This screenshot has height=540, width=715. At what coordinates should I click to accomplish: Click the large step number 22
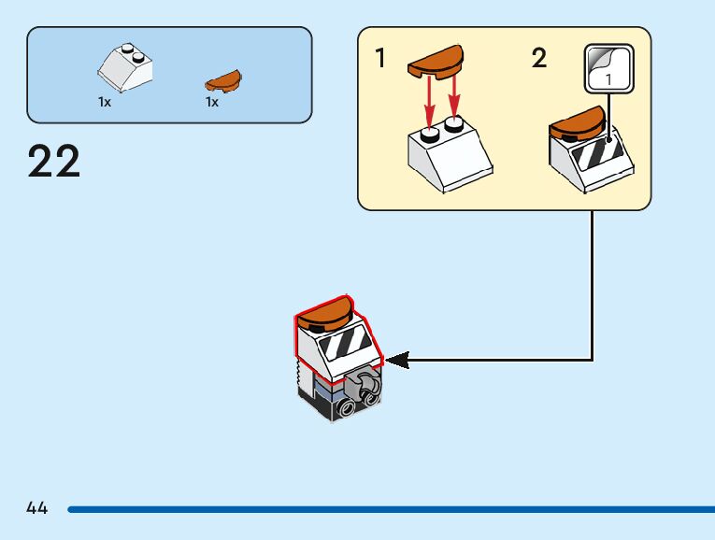pos(54,161)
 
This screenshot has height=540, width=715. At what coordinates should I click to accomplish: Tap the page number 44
pos(37,508)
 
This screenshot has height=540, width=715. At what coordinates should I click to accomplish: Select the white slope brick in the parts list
pos(125,65)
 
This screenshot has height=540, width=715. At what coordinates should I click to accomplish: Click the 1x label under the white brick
pos(105,103)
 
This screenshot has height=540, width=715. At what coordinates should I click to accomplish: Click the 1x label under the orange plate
pos(212,103)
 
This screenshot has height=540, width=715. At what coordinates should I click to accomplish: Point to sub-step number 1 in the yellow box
pos(379,59)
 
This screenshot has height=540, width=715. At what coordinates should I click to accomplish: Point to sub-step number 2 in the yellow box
pos(538,59)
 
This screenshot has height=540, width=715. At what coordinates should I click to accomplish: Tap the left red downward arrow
pos(430,99)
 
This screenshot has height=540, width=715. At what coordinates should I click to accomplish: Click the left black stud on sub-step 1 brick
pos(431,135)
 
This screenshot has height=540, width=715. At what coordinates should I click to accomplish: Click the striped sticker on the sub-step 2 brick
pos(595,151)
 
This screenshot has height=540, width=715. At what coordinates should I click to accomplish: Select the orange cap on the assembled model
pos(325,312)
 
